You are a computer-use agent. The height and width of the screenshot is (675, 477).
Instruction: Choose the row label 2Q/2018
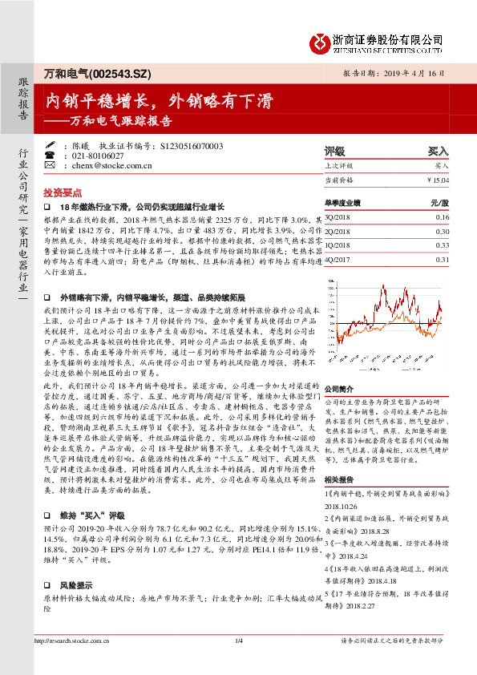340,231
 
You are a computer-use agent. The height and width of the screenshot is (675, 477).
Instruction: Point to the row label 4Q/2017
340,260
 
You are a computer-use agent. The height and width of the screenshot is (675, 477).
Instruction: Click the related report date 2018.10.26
342,505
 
